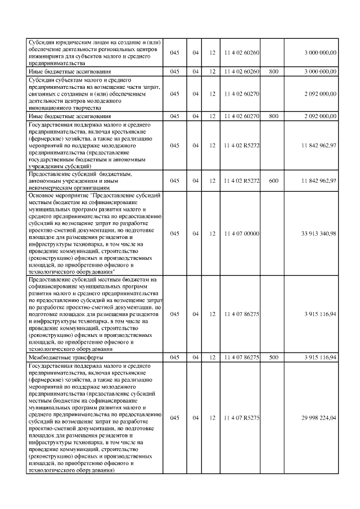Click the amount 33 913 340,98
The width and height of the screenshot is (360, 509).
318,233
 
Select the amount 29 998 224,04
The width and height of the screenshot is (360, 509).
318,418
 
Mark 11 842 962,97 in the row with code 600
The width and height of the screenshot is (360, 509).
318,181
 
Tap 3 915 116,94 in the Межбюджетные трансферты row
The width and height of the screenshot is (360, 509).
318,357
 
